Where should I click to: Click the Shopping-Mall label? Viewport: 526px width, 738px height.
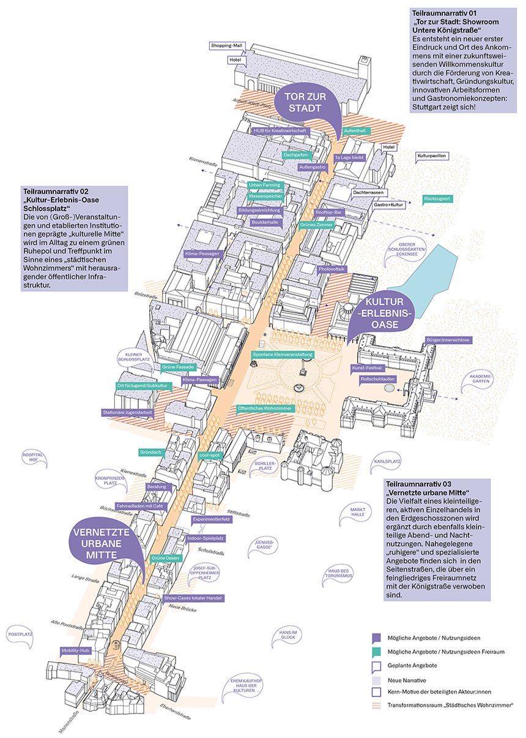click(226, 46)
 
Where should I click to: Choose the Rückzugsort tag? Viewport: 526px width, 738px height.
click(437, 199)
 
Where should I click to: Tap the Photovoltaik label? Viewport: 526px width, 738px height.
click(332, 269)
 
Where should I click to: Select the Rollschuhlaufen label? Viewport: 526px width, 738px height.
click(377, 379)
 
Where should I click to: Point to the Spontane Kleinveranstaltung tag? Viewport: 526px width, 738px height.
click(283, 355)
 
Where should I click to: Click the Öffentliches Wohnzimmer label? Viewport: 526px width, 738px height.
click(265, 408)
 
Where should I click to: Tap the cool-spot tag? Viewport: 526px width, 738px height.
click(209, 455)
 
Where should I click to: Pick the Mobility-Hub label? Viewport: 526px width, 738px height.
click(75, 650)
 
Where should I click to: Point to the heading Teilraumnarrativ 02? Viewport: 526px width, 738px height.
click(55, 191)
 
